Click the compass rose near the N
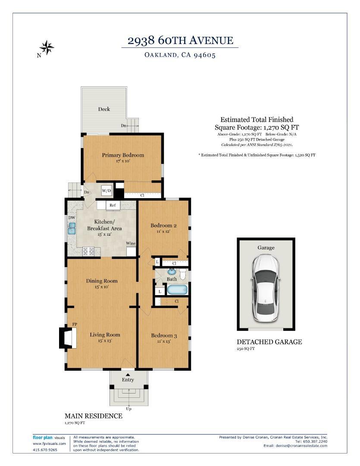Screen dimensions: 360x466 pyautogui.click(x=47, y=47)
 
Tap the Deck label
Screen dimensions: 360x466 pyautogui.click(x=104, y=109)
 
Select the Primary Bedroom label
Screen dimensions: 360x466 pyautogui.click(x=123, y=155)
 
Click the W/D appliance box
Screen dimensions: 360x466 pyautogui.click(x=106, y=191)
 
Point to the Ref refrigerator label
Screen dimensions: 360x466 pyautogui.click(x=113, y=205)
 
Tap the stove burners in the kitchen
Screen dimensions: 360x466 pyautogui.click(x=88, y=252)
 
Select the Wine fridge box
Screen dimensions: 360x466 pyautogui.click(x=131, y=251)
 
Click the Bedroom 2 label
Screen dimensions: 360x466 pyautogui.click(x=163, y=225)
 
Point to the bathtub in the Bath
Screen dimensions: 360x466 pyautogui.click(x=177, y=290)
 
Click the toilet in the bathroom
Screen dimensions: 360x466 pyautogui.click(x=183, y=274)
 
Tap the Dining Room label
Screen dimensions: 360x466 pyautogui.click(x=102, y=280)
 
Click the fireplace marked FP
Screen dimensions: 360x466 pyautogui.click(x=68, y=337)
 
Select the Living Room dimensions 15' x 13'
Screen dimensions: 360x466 pyautogui.click(x=105, y=340)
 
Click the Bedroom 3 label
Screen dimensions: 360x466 pyautogui.click(x=164, y=335)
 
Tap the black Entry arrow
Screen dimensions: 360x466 pyautogui.click(x=128, y=375)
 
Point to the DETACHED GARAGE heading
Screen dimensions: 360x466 pyautogui.click(x=269, y=342)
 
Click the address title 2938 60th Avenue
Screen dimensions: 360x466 pyautogui.click(x=180, y=41)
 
